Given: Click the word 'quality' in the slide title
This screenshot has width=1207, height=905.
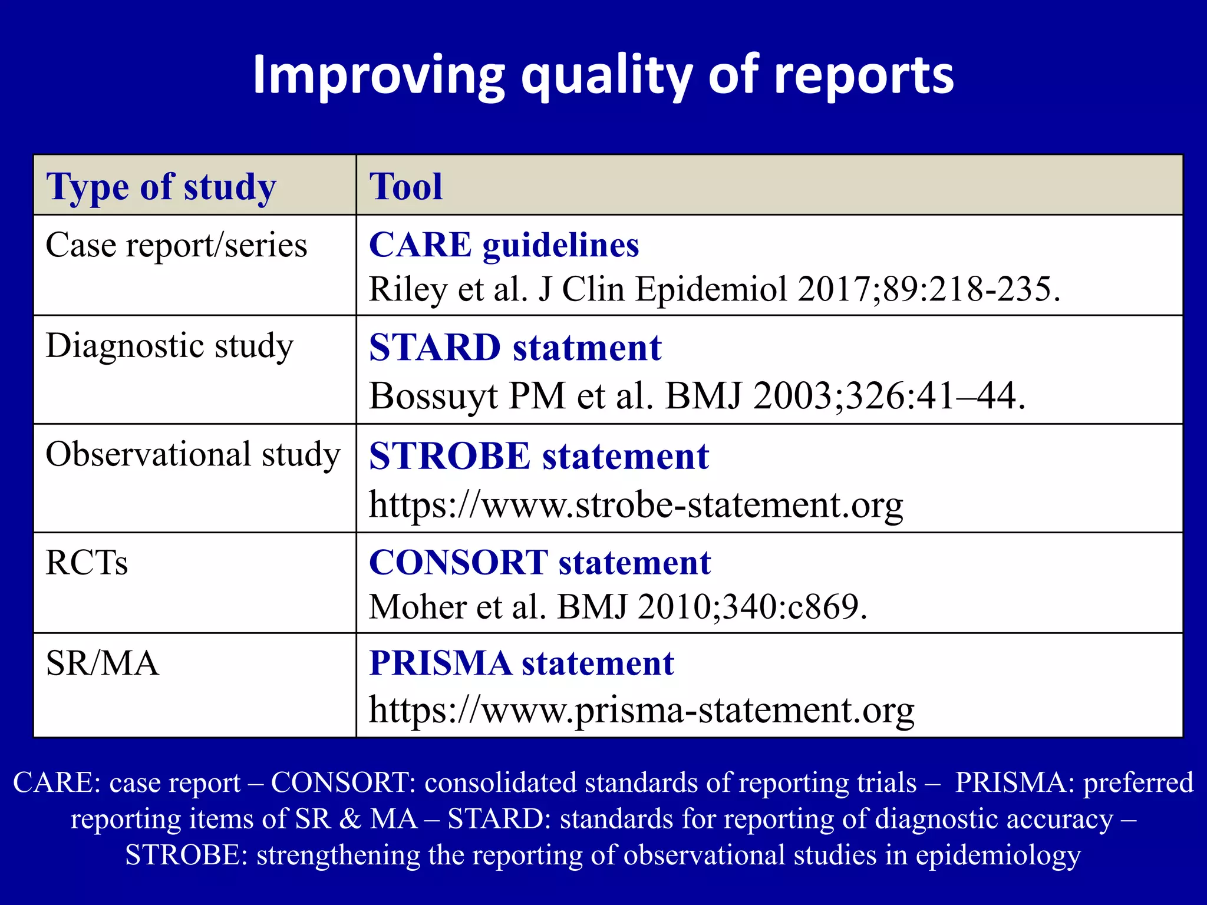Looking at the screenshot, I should coord(607,77).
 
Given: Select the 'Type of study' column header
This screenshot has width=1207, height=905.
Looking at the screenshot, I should coord(161,187).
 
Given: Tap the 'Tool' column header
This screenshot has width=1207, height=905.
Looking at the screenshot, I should coord(405,187).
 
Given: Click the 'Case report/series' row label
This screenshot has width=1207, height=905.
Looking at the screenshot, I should coord(176,245).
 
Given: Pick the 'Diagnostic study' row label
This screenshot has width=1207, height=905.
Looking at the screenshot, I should coord(169,346).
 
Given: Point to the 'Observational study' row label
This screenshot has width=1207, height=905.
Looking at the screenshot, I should coord(193,454).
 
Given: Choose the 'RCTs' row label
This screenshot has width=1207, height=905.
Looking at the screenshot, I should coord(87,563).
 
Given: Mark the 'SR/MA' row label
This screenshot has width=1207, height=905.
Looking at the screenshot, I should coord(102,663).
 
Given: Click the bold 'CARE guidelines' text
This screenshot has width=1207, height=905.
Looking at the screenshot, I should coord(504,245).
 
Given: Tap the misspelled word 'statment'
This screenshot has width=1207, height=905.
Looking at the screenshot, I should coord(587,348).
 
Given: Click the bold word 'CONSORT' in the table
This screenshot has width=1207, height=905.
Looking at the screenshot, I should coord(459,563).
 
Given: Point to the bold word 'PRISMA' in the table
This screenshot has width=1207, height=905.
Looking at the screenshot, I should coord(440,663).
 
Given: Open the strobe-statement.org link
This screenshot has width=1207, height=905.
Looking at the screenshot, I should coord(635,505).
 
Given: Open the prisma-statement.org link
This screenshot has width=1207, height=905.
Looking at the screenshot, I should coord(641,709).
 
